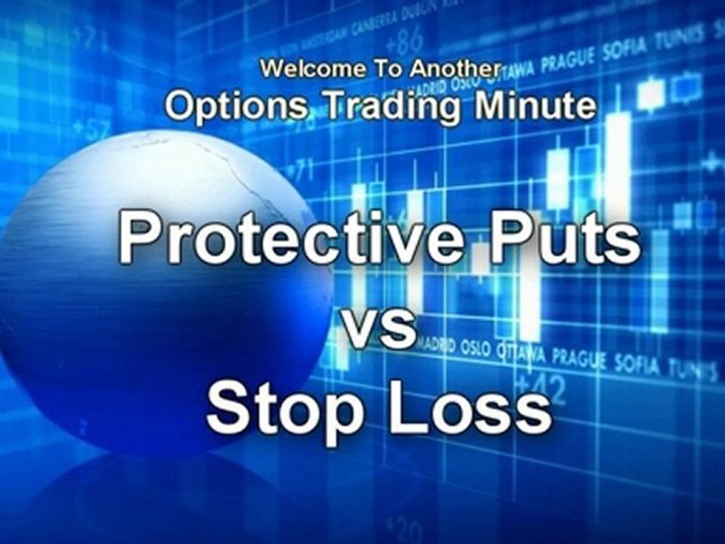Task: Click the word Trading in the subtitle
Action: tap(389, 107)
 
